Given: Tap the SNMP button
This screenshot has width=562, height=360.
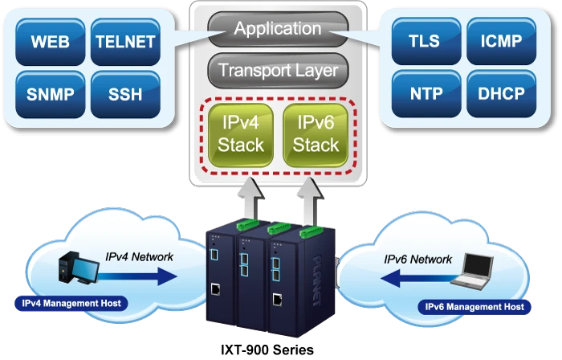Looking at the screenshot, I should [50, 94].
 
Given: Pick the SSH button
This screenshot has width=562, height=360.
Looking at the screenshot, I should [126, 94].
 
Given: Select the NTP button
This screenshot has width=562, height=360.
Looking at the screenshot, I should [426, 93].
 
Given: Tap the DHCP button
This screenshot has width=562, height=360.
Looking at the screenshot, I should [501, 93].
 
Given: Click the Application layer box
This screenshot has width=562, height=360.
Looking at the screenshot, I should [277, 30].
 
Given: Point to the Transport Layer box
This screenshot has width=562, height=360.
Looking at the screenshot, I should [277, 71].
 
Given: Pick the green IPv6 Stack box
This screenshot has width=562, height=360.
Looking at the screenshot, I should [316, 134].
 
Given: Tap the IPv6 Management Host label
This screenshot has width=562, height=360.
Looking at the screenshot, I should [474, 306].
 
